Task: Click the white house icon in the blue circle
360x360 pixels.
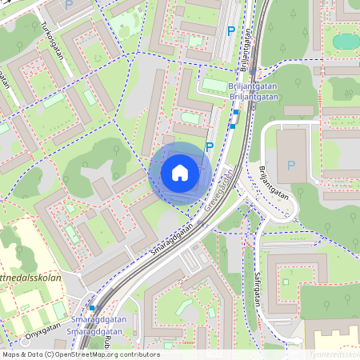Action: click(x=180, y=173)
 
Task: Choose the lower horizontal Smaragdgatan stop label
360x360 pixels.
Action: click(x=94, y=330)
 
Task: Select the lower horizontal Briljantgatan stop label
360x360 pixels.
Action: click(x=252, y=98)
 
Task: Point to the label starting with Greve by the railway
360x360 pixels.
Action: click(x=220, y=188)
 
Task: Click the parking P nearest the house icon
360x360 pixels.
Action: click(x=210, y=146)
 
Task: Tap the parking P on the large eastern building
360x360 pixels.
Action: click(x=290, y=166)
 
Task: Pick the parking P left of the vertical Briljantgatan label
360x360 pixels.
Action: click(x=231, y=31)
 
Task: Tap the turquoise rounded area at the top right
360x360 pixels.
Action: click(x=346, y=41)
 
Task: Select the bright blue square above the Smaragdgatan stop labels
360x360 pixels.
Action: click(x=93, y=307)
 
